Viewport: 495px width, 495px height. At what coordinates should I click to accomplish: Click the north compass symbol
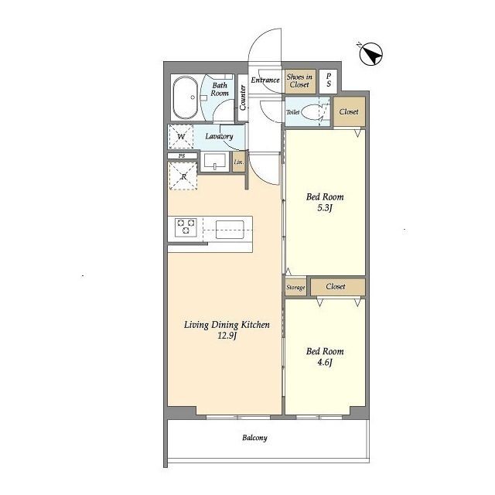point(370,54)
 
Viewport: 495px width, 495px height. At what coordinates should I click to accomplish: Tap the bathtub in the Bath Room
point(186,98)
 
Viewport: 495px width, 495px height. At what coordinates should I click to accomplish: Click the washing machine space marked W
point(181,136)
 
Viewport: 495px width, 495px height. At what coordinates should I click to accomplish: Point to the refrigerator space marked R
point(183,176)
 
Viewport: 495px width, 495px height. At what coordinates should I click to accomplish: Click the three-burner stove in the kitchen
point(186,227)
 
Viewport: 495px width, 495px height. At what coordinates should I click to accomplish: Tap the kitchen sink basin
point(230,230)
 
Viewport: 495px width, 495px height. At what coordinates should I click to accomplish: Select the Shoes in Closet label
point(299,80)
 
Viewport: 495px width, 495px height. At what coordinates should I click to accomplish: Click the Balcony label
point(254,438)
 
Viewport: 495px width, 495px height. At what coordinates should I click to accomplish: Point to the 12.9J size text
point(227,336)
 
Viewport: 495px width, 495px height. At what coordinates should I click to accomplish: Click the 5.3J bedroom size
point(325,208)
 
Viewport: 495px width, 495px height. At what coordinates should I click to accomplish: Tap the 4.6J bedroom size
point(325,363)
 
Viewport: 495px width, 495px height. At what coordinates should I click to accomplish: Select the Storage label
point(295,288)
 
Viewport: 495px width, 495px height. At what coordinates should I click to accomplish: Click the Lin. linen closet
point(239,162)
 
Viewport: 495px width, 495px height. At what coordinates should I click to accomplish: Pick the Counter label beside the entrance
point(242,97)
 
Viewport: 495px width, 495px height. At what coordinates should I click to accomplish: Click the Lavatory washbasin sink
point(215,162)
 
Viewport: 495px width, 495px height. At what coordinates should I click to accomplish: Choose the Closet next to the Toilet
point(349,111)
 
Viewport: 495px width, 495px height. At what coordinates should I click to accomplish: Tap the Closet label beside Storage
point(336,286)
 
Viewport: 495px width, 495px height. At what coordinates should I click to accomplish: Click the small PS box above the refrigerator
point(183,156)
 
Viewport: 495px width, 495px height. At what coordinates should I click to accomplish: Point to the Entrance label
point(265,80)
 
